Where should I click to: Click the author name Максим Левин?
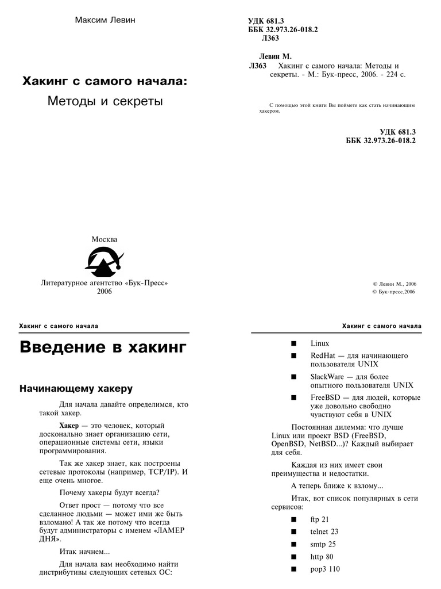point(105,21)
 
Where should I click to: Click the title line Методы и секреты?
point(105,102)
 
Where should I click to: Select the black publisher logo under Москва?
point(105,262)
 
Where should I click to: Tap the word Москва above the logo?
point(105,239)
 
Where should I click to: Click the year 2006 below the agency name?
point(105,292)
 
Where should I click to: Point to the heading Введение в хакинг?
point(103,348)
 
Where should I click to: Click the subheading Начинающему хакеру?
point(76,389)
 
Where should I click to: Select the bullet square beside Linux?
point(294,343)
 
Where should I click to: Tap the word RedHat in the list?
point(323,355)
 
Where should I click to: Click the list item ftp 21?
point(320,519)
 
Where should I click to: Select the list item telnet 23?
point(324,532)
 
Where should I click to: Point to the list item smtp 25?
point(323,544)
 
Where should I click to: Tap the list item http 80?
point(322,557)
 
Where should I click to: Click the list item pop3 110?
point(325,569)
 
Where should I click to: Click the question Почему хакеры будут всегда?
point(110,492)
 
